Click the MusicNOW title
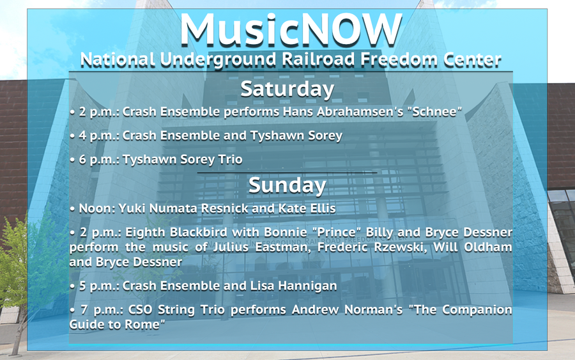291,29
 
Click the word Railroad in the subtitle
318,59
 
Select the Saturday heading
287,89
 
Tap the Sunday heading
287,185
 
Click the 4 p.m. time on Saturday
99,136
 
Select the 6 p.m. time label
99,160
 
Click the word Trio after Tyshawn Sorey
230,159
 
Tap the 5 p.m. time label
99,286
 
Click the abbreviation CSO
140,309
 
